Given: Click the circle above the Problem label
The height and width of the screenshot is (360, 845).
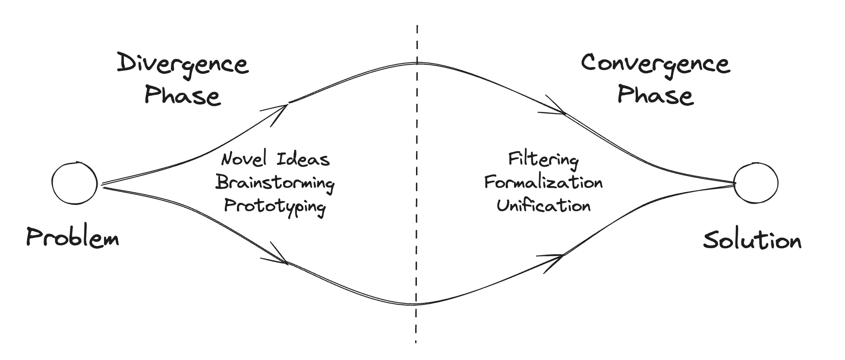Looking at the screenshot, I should [75, 183].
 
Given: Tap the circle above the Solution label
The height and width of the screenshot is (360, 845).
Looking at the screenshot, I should [756, 183].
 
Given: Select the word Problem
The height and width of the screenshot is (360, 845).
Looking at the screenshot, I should [73, 238].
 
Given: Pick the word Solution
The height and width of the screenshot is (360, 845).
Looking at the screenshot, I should [752, 240].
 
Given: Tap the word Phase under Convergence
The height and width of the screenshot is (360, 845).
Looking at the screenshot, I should [655, 95].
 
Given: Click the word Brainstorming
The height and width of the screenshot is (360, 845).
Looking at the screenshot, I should [275, 183].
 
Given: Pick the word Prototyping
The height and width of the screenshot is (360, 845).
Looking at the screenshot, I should [275, 206].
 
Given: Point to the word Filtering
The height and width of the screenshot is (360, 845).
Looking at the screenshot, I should [543, 160].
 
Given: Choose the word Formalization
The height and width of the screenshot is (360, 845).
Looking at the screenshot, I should [543, 183].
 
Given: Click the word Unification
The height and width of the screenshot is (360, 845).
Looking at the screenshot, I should [543, 205].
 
